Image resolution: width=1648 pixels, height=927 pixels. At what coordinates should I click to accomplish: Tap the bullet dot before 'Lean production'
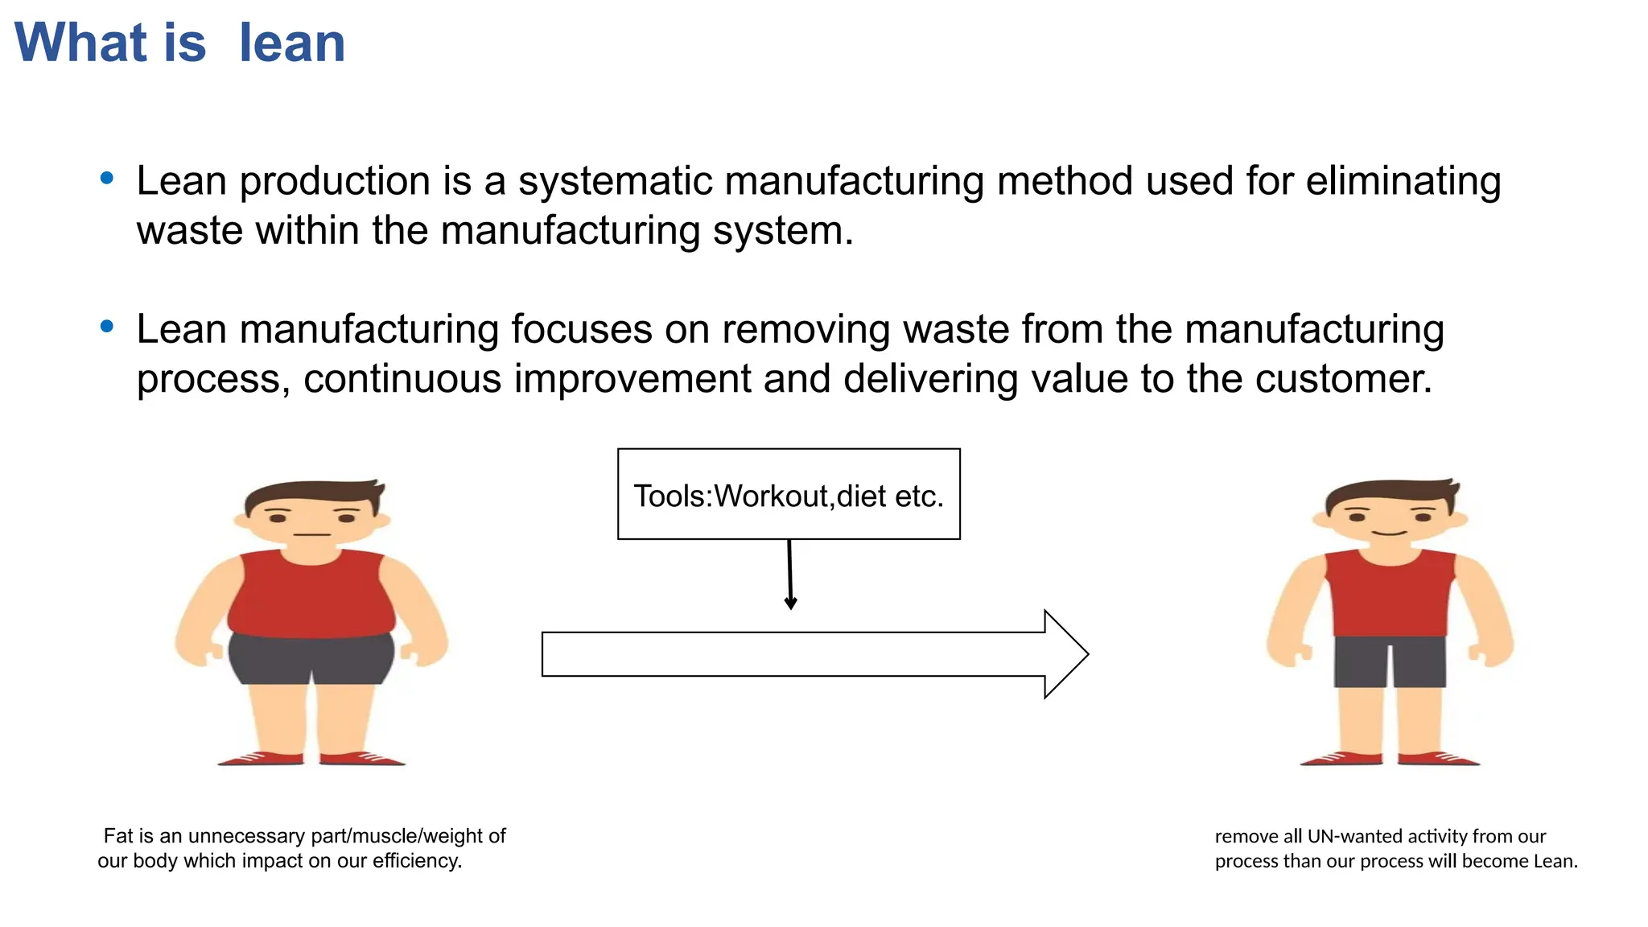click(107, 178)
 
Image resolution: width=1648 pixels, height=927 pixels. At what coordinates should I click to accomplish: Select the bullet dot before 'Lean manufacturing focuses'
click(107, 326)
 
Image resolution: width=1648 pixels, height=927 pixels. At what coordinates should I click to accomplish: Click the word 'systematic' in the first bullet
click(615, 181)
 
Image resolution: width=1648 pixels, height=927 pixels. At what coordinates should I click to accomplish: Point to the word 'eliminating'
click(1403, 181)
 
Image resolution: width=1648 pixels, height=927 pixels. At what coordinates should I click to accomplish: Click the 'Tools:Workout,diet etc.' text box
click(789, 494)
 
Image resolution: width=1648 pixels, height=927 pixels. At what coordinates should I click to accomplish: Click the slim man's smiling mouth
click(1390, 533)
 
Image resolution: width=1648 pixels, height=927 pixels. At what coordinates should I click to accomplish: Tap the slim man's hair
click(1390, 492)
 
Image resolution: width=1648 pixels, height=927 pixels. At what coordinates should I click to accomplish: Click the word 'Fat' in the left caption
click(118, 836)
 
